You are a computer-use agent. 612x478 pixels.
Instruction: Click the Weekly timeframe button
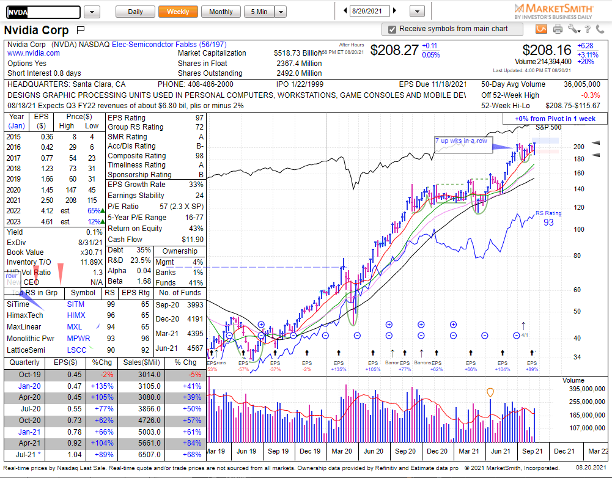(178, 12)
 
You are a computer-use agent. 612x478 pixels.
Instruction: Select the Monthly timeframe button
(221, 12)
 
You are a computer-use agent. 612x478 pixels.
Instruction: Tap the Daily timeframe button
(135, 12)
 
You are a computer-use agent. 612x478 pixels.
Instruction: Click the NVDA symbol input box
(43, 12)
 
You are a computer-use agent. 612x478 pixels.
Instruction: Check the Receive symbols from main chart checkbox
(392, 29)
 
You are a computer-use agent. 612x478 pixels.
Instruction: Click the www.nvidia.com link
(34, 53)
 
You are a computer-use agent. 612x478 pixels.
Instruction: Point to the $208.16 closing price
(547, 50)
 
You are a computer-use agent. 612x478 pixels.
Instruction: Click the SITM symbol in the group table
(76, 304)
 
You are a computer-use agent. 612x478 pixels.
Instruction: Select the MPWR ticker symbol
(78, 339)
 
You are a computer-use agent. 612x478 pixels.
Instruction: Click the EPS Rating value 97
(199, 118)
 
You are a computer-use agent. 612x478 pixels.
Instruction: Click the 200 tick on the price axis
(578, 147)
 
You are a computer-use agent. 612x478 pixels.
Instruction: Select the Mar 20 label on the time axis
(341, 451)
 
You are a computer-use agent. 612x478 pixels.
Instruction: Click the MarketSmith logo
(553, 10)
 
